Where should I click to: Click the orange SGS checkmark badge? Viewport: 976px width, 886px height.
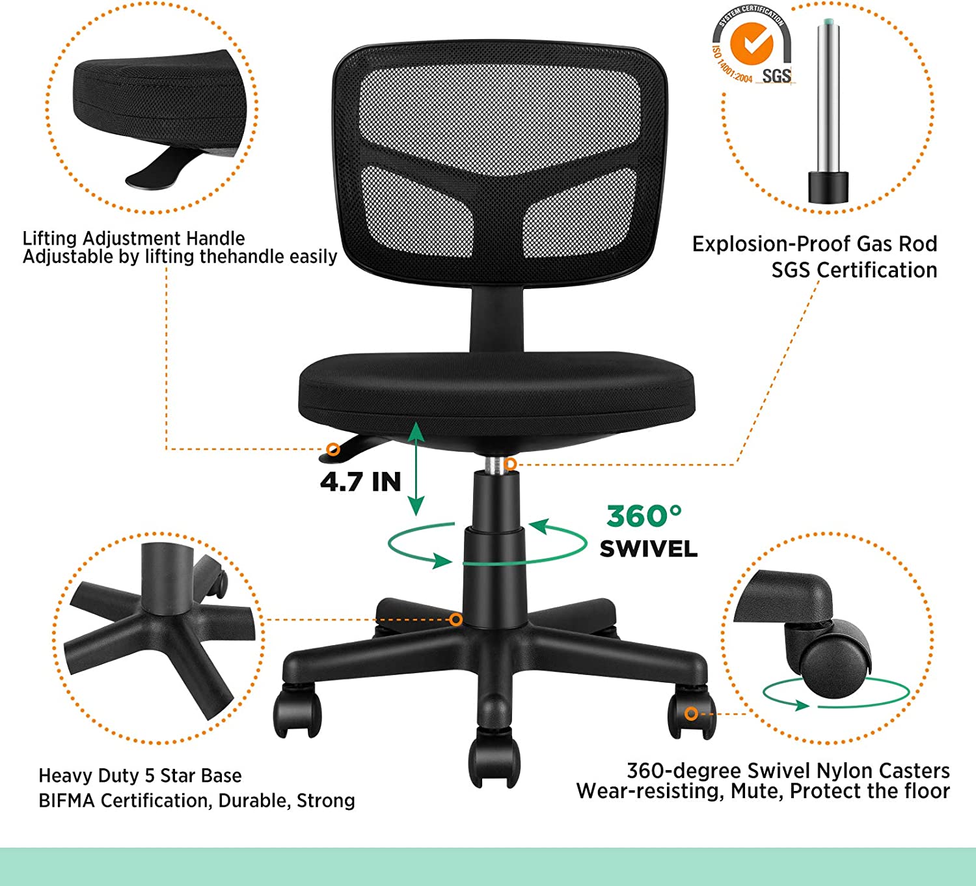pyautogui.click(x=752, y=44)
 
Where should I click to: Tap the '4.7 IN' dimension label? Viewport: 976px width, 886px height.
pyautogui.click(x=360, y=482)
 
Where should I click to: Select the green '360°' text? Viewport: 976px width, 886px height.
pyautogui.click(x=644, y=516)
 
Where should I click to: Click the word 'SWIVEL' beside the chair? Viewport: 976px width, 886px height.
pyautogui.click(x=649, y=549)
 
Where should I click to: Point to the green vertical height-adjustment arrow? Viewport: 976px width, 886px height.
pyautogui.click(x=416, y=469)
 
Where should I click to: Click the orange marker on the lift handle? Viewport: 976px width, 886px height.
pyautogui.click(x=333, y=449)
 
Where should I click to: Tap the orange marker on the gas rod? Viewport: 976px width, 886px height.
pyautogui.click(x=510, y=464)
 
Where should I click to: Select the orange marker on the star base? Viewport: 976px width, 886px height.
pyautogui.click(x=456, y=620)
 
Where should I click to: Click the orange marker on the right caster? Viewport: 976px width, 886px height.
pyautogui.click(x=692, y=713)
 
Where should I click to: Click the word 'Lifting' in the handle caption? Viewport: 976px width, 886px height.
pyautogui.click(x=50, y=238)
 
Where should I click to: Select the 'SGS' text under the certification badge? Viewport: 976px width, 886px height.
pyautogui.click(x=776, y=76)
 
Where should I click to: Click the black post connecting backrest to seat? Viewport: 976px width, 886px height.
pyautogui.click(x=496, y=320)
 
